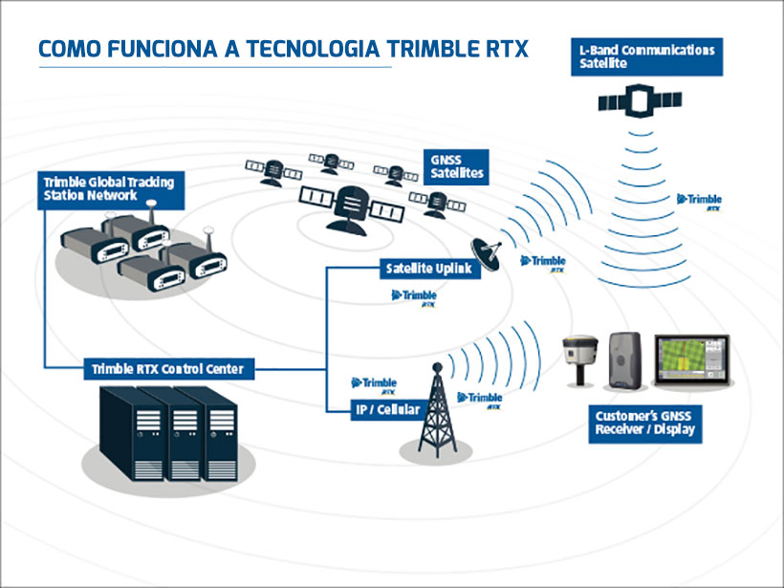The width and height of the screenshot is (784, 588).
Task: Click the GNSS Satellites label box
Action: click(x=457, y=166)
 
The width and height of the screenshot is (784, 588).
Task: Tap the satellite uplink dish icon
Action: click(x=490, y=250)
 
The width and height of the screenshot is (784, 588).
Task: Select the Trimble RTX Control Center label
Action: click(x=167, y=368)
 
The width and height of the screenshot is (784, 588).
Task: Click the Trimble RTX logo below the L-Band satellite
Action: click(x=700, y=201)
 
